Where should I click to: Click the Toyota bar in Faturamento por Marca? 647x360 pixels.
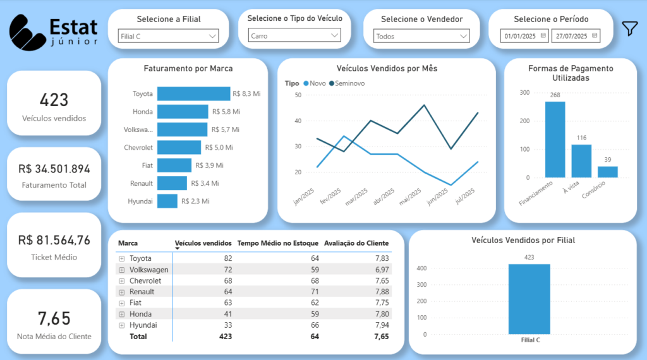click(193, 93)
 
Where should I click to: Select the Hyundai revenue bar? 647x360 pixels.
click(167, 201)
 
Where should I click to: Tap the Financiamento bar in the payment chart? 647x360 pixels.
click(555, 139)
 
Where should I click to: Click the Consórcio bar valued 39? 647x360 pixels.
click(607, 172)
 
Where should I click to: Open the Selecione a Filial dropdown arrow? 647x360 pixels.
click(212, 36)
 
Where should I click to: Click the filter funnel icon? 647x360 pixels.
click(630, 28)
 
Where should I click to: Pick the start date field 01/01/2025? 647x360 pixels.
click(524, 36)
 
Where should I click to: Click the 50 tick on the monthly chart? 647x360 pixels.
click(298, 95)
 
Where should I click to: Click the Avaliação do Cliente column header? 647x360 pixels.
click(356, 243)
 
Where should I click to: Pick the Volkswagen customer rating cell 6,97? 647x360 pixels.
click(378, 269)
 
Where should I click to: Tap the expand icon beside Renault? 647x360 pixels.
click(122, 292)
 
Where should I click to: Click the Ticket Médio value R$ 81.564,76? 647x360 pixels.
click(54, 240)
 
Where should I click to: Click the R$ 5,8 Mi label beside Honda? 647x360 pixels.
click(226, 112)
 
